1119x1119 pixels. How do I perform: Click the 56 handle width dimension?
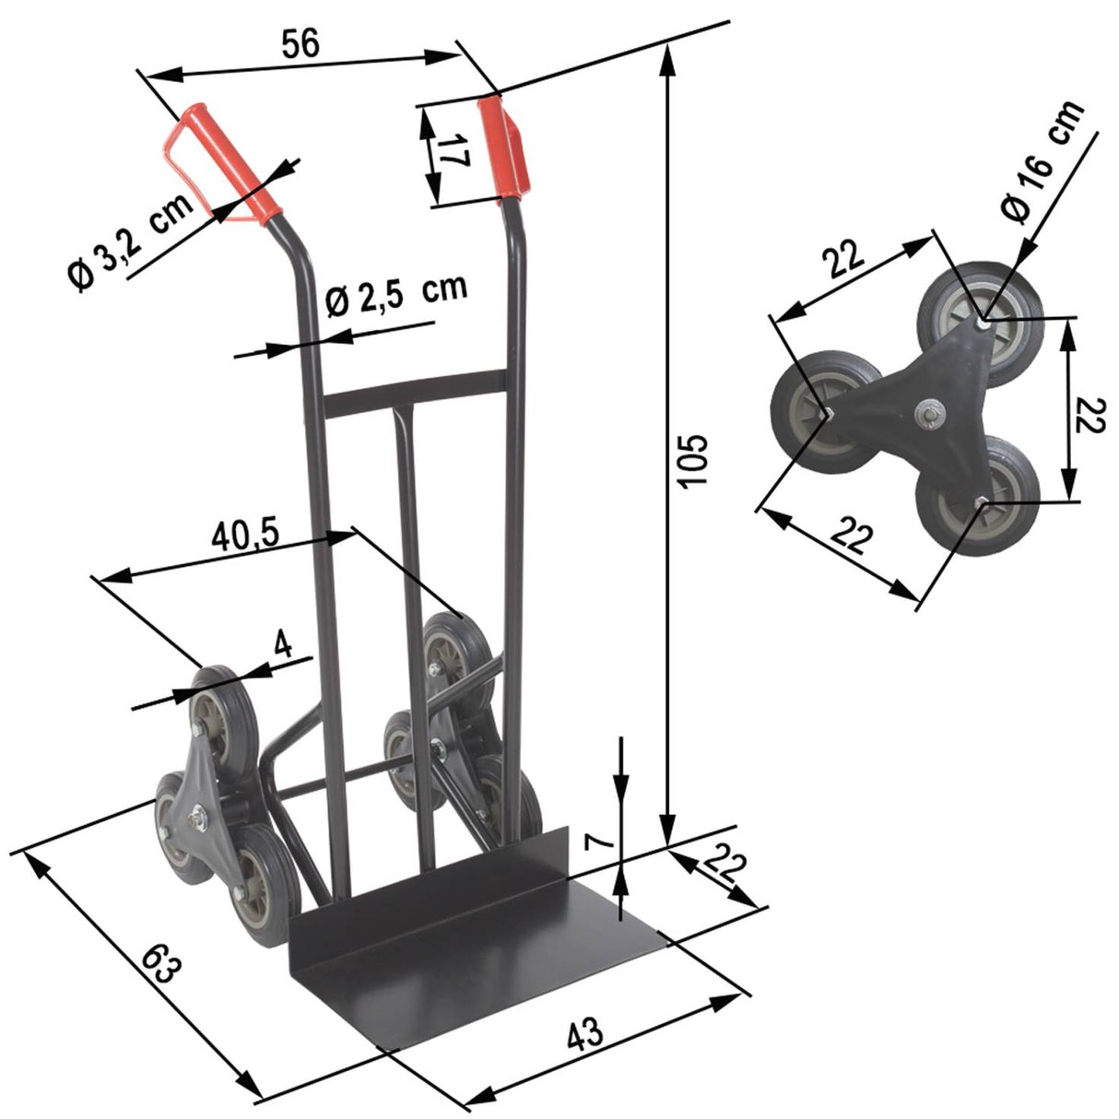tap(300, 43)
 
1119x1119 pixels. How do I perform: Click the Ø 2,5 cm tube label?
tap(396, 294)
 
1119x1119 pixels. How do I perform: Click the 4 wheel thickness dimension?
tap(283, 644)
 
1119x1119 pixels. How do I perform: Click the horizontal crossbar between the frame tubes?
tap(415, 393)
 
